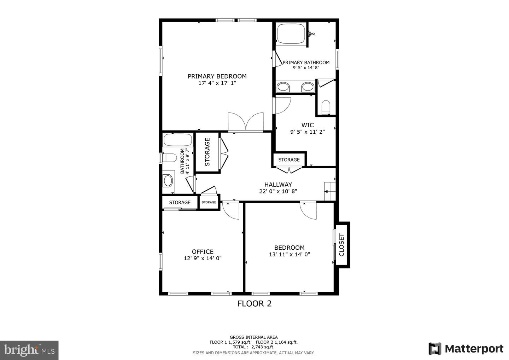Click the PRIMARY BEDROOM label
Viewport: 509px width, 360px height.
coord(217,76)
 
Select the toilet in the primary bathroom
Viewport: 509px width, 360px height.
coord(326,106)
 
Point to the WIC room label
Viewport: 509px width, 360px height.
coord(307,125)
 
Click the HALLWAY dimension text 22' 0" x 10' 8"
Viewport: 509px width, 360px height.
coord(278,191)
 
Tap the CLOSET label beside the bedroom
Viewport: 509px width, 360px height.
coord(341,245)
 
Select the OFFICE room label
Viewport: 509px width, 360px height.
coord(203,251)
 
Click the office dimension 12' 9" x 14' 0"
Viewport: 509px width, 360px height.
coord(203,258)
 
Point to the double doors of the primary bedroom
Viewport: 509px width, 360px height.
coord(246,122)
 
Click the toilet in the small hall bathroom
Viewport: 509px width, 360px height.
coord(170,157)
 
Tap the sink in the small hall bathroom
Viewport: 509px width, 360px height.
coord(168,180)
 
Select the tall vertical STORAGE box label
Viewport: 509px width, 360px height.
coord(207,152)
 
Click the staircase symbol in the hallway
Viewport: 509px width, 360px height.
coord(329,191)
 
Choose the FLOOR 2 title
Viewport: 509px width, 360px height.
coord(254,303)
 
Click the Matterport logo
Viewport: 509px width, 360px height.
coord(466,349)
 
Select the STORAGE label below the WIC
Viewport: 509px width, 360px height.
coord(289,159)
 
